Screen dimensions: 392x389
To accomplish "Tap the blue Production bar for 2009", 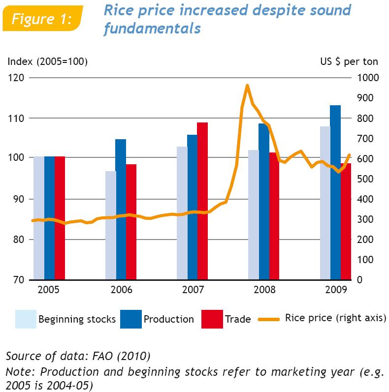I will click(x=335, y=192).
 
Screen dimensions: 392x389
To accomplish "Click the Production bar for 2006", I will click(x=121, y=209).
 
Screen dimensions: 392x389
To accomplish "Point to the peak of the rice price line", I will click(x=247, y=86).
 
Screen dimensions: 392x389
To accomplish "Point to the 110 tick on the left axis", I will click(x=19, y=118).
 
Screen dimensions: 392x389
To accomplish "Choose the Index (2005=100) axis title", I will click(x=47, y=61).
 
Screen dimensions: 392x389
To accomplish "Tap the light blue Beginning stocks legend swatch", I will click(x=26, y=319).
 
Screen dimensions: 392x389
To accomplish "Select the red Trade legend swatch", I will click(x=211, y=319).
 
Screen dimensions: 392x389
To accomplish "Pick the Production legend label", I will click(x=168, y=319).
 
